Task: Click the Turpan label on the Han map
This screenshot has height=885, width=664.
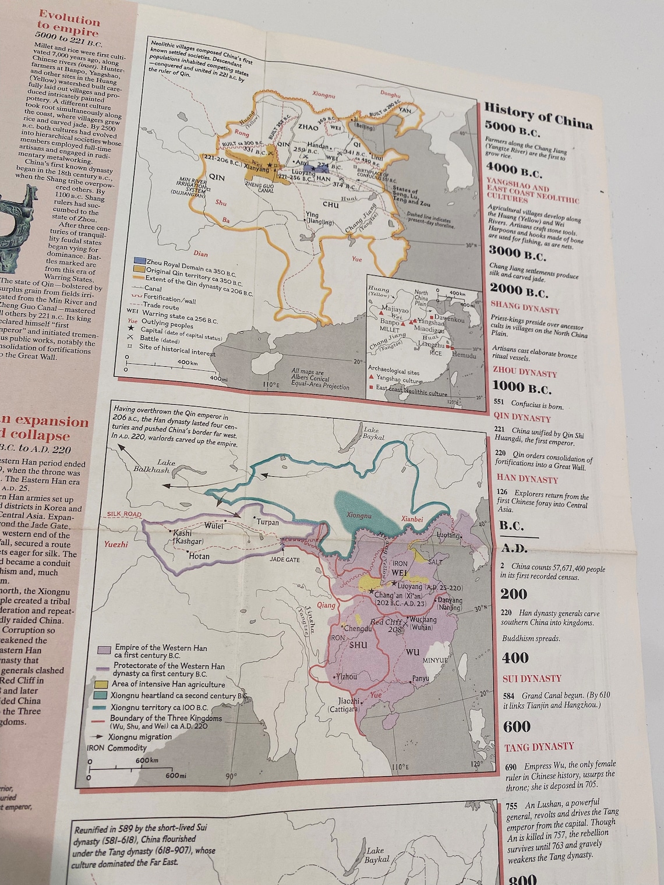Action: [267, 522]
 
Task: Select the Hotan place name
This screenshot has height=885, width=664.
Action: [199, 556]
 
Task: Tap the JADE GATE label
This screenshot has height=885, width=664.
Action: [285, 560]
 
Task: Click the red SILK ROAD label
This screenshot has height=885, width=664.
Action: [124, 515]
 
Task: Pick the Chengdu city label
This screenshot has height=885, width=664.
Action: [358, 629]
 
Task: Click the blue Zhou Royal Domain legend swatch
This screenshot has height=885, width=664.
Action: [139, 260]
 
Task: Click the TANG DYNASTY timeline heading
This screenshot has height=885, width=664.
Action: [538, 746]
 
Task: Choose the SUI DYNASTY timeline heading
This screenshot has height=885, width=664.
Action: [532, 678]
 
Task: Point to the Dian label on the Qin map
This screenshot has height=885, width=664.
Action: [199, 254]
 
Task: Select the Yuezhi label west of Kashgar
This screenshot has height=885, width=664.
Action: [116, 544]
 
